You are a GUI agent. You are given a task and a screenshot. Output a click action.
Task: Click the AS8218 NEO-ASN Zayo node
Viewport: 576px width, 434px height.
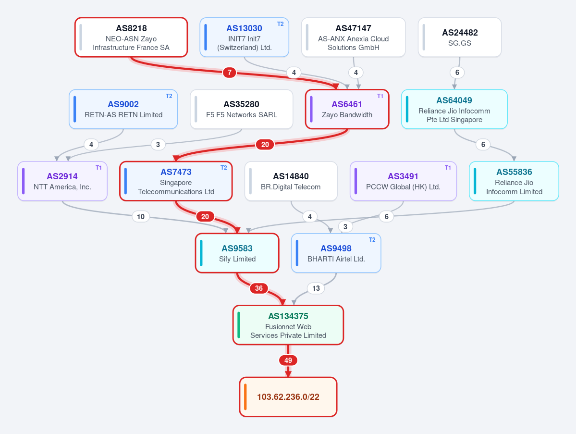[131, 37]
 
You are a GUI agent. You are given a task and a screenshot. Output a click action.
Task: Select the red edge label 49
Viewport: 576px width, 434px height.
[288, 360]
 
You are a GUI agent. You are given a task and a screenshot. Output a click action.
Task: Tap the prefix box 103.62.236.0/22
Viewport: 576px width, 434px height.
[288, 397]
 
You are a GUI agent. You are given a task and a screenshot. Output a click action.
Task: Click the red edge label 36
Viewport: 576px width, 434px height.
[258, 288]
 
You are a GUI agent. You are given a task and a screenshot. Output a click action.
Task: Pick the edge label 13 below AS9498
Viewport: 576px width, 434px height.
[316, 288]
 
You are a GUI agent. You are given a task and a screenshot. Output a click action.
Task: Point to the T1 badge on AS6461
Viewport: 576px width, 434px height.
[380, 96]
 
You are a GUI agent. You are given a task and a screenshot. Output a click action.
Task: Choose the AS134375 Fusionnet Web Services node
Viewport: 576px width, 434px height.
[288, 325]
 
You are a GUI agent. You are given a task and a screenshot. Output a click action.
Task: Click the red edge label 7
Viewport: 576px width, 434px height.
[230, 73]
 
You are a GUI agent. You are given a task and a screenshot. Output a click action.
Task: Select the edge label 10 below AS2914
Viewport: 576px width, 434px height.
[141, 216]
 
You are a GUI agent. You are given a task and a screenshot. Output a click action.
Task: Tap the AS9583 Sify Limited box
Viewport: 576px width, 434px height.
[237, 253]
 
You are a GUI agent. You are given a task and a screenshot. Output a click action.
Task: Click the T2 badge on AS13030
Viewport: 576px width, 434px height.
[280, 24]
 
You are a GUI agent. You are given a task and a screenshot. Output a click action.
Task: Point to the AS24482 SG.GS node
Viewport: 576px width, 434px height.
[460, 37]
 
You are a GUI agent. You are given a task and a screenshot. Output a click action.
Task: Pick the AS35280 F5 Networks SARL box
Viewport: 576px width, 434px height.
[241, 109]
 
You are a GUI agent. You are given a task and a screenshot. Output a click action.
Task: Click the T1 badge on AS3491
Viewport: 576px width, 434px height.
[448, 168]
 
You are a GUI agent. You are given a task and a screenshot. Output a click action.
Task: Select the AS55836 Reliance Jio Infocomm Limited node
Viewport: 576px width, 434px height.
[514, 181]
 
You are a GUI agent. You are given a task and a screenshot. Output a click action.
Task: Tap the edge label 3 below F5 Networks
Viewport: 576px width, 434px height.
[158, 144]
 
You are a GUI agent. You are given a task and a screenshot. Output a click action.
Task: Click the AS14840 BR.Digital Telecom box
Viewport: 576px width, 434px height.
[291, 181]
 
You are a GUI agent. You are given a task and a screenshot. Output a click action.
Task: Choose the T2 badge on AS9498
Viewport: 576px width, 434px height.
[372, 240]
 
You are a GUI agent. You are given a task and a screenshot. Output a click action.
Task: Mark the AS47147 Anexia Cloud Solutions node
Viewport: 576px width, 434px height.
[354, 37]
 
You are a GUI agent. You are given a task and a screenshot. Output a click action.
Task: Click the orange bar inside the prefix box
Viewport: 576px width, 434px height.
[245, 397]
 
